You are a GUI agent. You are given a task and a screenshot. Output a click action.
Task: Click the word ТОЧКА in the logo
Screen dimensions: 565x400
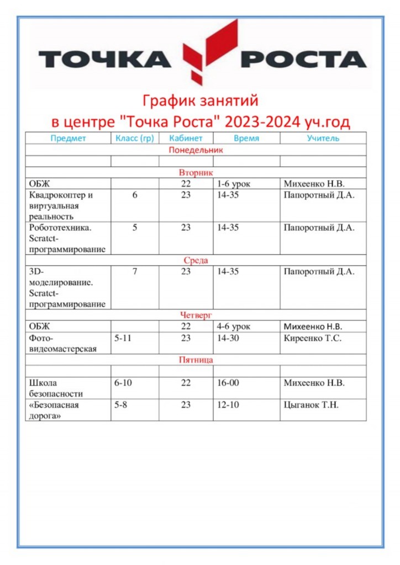pyautogui.click(x=104, y=58)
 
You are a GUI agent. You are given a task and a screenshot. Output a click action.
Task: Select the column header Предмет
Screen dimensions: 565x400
pyautogui.click(x=68, y=138)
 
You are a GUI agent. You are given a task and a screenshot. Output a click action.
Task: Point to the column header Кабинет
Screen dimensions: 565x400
pyautogui.click(x=186, y=138)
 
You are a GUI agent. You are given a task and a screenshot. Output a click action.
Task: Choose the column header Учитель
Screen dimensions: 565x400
pyautogui.click(x=323, y=138)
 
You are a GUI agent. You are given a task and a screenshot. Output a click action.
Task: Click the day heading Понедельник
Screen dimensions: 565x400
pyautogui.click(x=196, y=150)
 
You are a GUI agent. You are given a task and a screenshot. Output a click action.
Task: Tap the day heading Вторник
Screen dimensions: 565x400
pyautogui.click(x=196, y=173)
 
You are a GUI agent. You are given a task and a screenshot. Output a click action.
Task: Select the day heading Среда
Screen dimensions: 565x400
pyautogui.click(x=196, y=260)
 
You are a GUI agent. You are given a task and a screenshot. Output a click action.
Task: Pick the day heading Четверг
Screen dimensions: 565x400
pyautogui.click(x=196, y=315)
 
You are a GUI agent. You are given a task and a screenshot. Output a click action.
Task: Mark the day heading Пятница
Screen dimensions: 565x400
pyautogui.click(x=196, y=360)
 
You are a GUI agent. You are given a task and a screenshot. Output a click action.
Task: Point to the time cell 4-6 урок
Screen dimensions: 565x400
pyautogui.click(x=233, y=327)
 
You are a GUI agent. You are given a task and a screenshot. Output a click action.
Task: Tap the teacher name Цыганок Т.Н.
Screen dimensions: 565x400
pyautogui.click(x=311, y=405)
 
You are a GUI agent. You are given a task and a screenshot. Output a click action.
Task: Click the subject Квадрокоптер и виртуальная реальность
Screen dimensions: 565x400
pyautogui.click(x=61, y=206)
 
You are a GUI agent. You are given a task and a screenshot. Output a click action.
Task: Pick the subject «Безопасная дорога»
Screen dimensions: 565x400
pyautogui.click(x=54, y=410)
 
